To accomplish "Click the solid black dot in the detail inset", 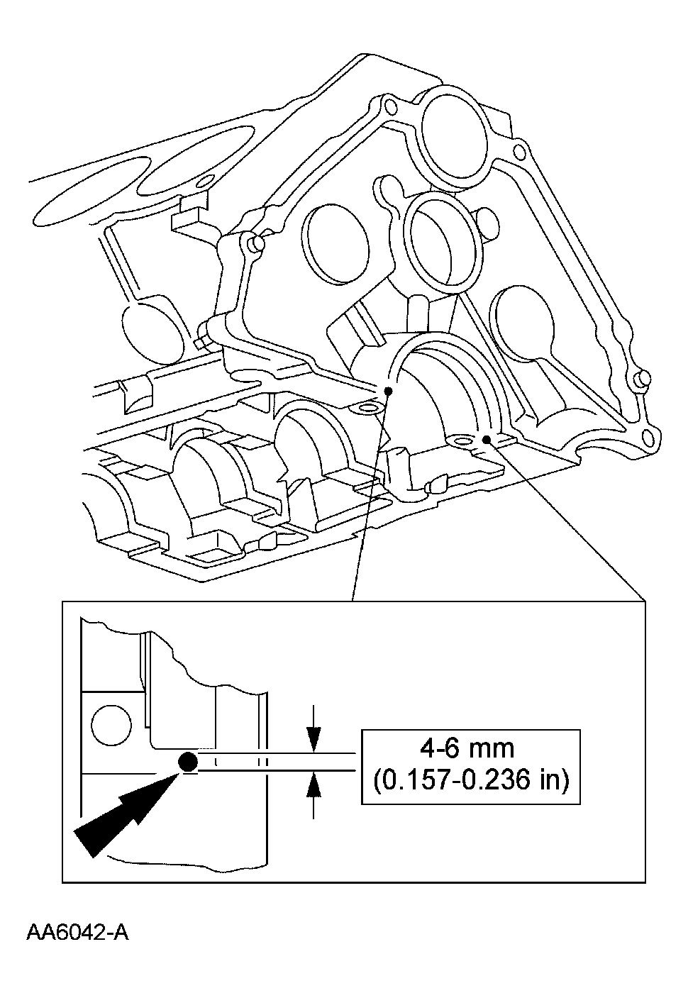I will click(188, 762).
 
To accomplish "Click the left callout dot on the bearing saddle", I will click(388, 391).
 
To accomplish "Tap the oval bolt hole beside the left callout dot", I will click(367, 409).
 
